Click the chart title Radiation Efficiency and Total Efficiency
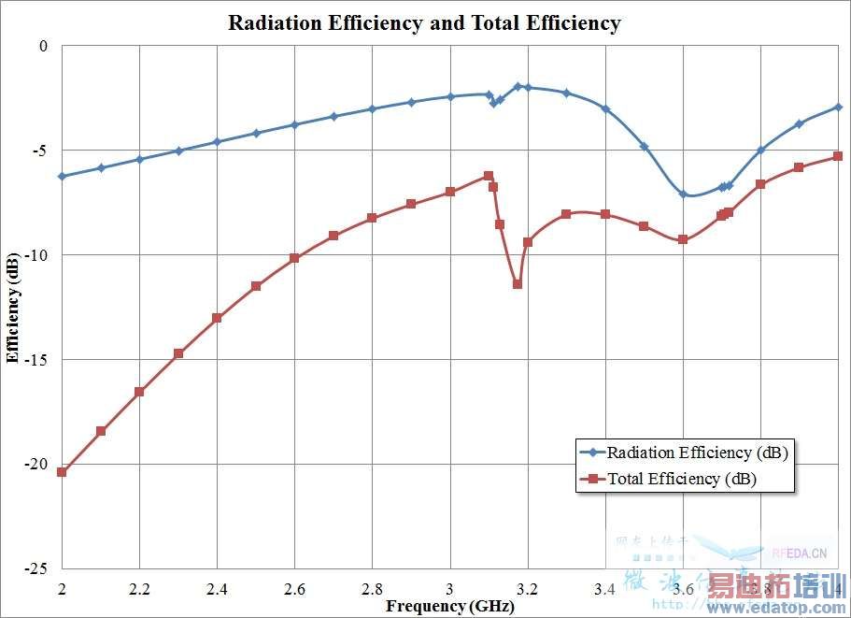click(424, 22)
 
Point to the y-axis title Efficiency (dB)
click(12, 307)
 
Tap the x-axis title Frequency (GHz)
click(450, 605)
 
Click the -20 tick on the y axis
click(35, 465)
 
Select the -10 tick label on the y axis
click(35, 255)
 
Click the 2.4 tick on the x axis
click(217, 589)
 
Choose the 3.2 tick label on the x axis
click(528, 589)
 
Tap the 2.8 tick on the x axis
click(372, 589)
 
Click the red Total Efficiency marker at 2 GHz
click(62, 472)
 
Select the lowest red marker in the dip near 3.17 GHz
click(518, 283)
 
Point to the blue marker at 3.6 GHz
click(683, 194)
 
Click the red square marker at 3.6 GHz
click(683, 239)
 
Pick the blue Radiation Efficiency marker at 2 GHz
click(62, 176)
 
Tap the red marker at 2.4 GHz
click(217, 318)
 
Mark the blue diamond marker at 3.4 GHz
click(605, 109)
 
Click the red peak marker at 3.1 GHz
click(489, 176)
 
